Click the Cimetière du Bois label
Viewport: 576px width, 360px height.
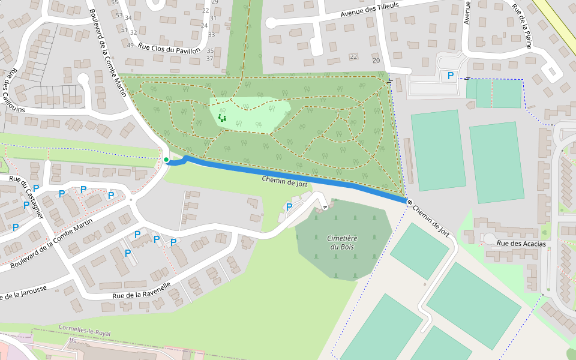[x=343, y=242]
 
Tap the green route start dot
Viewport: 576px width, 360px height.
[x=166, y=160]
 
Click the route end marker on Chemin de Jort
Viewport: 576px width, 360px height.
[x=409, y=202]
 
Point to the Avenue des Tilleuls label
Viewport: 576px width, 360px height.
[x=370, y=8]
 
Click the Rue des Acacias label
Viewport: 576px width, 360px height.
[x=521, y=244]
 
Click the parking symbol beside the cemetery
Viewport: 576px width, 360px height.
[x=289, y=207]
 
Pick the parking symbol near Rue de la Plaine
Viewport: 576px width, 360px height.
[x=451, y=76]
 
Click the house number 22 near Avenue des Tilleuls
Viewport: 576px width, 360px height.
[x=353, y=57]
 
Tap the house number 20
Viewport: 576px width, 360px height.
[x=376, y=61]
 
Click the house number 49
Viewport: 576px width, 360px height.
[x=130, y=45]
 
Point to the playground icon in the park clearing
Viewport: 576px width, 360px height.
[x=223, y=118]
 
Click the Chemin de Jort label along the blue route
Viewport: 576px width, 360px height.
[x=284, y=181]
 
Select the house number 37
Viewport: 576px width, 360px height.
[x=210, y=58]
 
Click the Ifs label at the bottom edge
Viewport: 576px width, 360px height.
[x=73, y=340]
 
